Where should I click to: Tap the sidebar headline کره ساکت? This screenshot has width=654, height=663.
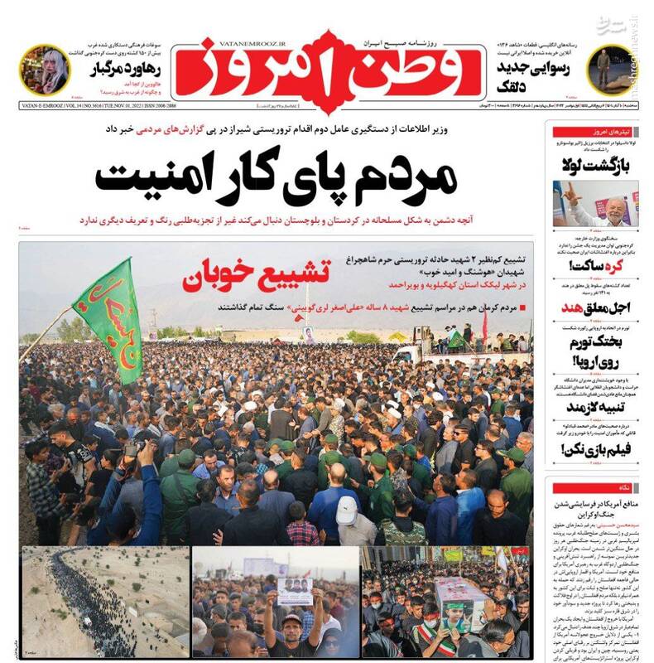599,265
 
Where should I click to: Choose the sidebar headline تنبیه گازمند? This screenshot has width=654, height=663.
599,408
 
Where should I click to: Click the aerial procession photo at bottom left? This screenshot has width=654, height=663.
103,601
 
